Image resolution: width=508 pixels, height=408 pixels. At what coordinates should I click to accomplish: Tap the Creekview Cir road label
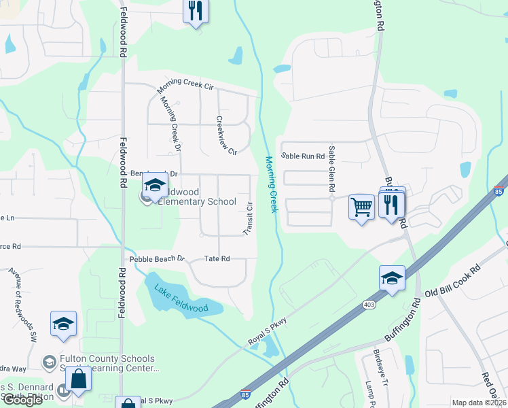(x=225, y=135)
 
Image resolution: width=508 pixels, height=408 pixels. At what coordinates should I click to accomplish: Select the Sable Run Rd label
(x=303, y=156)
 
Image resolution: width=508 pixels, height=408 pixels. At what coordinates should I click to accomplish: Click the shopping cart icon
(x=361, y=206)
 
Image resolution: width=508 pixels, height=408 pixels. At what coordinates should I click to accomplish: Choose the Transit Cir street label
(x=249, y=216)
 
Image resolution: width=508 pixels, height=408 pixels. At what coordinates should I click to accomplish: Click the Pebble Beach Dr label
(x=157, y=258)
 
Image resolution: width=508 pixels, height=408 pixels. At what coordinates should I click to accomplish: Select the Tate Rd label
(x=217, y=258)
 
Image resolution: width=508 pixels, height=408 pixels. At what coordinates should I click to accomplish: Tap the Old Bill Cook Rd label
(x=452, y=280)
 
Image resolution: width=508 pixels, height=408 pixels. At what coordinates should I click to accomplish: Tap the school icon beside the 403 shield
(x=392, y=278)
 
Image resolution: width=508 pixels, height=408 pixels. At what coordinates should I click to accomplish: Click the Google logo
(x=22, y=400)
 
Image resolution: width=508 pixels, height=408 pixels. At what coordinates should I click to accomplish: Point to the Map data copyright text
(x=479, y=403)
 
